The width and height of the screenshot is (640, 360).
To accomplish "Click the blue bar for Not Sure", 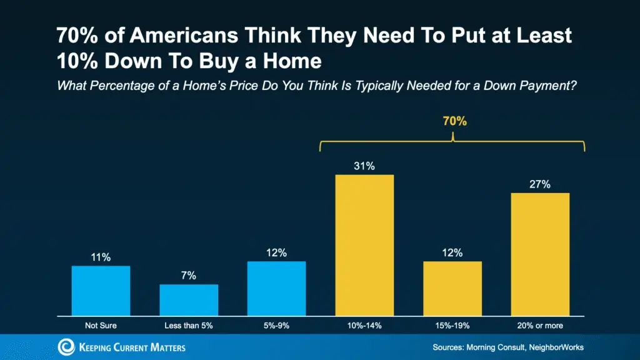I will pyautogui.click(x=101, y=291).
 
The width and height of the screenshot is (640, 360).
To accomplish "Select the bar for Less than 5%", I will pyautogui.click(x=189, y=300).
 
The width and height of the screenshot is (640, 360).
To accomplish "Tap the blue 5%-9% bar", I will pyautogui.click(x=276, y=288).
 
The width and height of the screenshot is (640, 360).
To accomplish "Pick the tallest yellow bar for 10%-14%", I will pyautogui.click(x=364, y=245).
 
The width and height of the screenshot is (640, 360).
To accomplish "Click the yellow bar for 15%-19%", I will pyautogui.click(x=452, y=288).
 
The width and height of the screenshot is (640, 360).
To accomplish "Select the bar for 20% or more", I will pyautogui.click(x=540, y=254).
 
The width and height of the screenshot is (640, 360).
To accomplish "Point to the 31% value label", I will pyautogui.click(x=364, y=166).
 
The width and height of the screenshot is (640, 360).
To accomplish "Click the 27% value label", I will pyautogui.click(x=540, y=184).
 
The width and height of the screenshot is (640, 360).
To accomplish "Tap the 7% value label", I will pyautogui.click(x=189, y=276).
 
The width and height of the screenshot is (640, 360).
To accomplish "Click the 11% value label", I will pyautogui.click(x=101, y=257).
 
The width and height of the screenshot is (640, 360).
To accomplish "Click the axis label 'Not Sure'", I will pyautogui.click(x=101, y=325).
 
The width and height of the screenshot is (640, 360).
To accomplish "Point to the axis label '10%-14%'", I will pyautogui.click(x=364, y=325).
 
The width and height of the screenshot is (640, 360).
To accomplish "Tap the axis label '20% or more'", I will pyautogui.click(x=540, y=325).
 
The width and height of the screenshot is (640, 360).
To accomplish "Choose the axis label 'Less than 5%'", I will pyautogui.click(x=189, y=325).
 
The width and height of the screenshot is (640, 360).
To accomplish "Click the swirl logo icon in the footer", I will pyautogui.click(x=66, y=347).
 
